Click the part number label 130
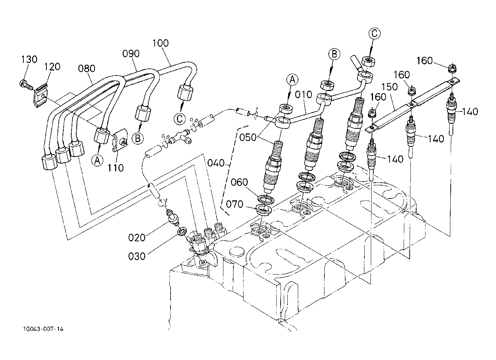coord(29,59)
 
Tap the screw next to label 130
coord(26,85)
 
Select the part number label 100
coord(160,43)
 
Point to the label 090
coord(130,54)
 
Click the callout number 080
coord(87,68)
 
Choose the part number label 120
coord(52,67)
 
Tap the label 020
coord(137,237)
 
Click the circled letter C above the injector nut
coord(374,33)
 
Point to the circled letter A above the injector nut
coord(292,80)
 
